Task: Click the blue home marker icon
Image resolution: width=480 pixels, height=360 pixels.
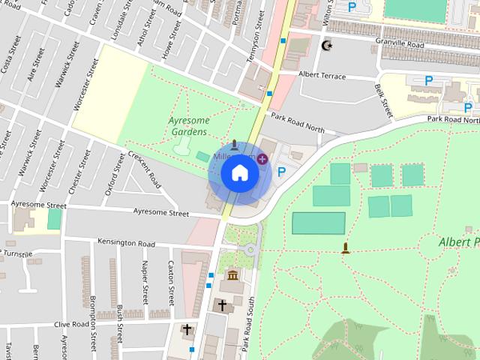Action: click(240, 173)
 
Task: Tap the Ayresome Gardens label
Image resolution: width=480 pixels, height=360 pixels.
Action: click(187, 126)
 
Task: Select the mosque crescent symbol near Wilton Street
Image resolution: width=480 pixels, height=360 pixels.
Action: click(326, 46)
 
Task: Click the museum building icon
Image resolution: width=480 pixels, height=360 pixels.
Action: click(232, 276)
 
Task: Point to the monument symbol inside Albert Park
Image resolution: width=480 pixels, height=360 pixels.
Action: click(345, 247)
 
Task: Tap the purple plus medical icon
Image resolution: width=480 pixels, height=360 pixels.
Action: click(262, 158)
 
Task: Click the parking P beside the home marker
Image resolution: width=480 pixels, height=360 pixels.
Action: click(282, 172)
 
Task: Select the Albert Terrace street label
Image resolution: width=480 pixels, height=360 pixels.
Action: click(322, 76)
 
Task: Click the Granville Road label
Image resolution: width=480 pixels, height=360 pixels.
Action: click(400, 44)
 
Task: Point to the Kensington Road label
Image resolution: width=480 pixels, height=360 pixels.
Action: click(126, 244)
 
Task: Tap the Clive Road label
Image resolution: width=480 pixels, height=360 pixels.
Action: click(71, 325)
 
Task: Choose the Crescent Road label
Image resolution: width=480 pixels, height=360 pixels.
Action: click(144, 169)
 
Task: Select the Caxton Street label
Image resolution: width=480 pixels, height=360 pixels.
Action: click(172, 278)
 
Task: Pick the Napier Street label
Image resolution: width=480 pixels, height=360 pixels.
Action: click(145, 278)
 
